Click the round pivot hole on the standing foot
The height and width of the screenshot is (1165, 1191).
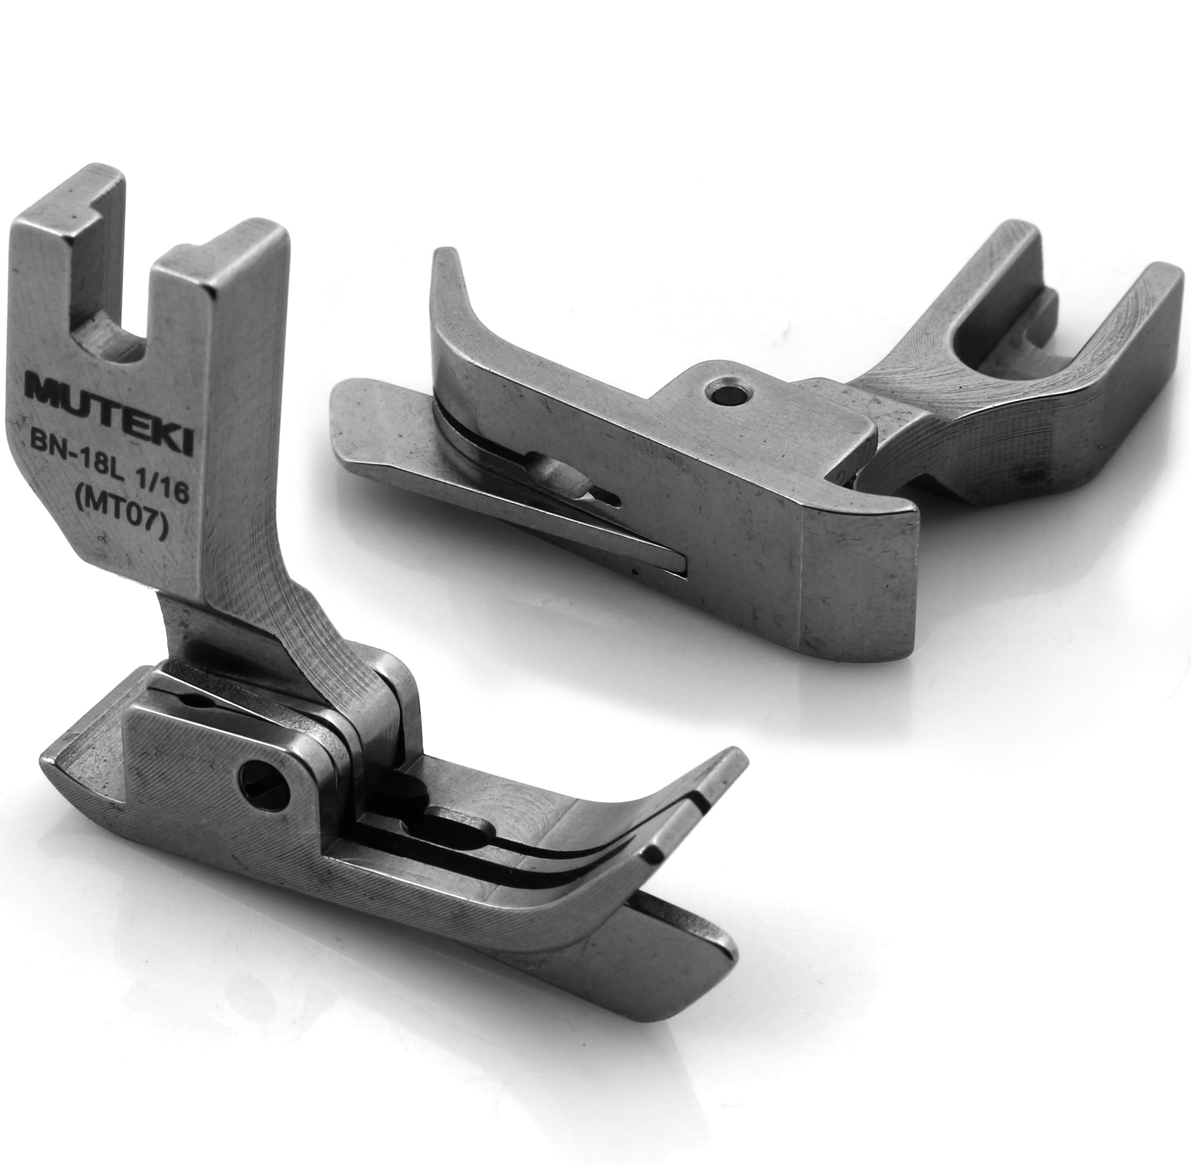[x=264, y=782]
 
